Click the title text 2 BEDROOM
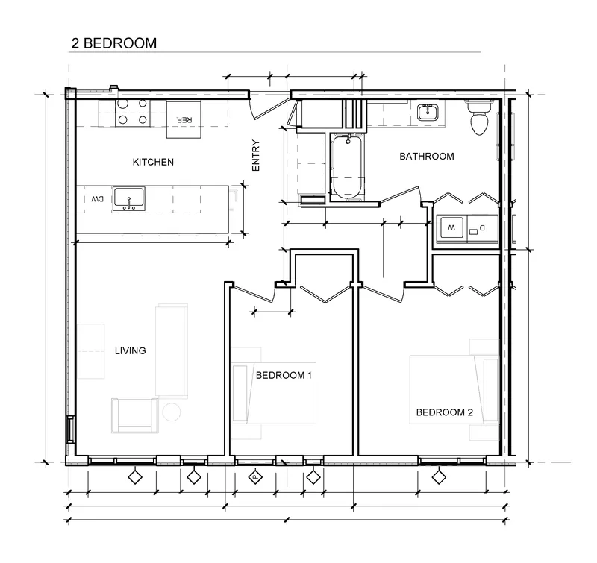pyautogui.click(x=114, y=43)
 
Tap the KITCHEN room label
pyautogui.click(x=153, y=163)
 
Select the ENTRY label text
pyautogui.click(x=256, y=156)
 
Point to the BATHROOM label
pyautogui.click(x=427, y=157)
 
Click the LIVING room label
pyautogui.click(x=130, y=350)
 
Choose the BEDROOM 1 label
pyautogui.click(x=284, y=376)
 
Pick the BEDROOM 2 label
pyautogui.click(x=444, y=412)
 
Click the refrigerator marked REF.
pyautogui.click(x=184, y=119)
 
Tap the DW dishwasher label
pyautogui.click(x=97, y=199)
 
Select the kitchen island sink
pyautogui.click(x=128, y=199)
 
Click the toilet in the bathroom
pyautogui.click(x=479, y=117)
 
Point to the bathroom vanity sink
pyautogui.click(x=428, y=112)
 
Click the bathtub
pyautogui.click(x=348, y=167)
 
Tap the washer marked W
pyautogui.click(x=451, y=228)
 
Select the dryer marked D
pyautogui.click(x=482, y=229)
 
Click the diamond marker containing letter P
pyautogui.click(x=255, y=476)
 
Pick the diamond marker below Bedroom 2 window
pyautogui.click(x=439, y=476)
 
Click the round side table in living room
pyautogui.click(x=172, y=412)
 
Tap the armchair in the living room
pyautogui.click(x=135, y=415)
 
